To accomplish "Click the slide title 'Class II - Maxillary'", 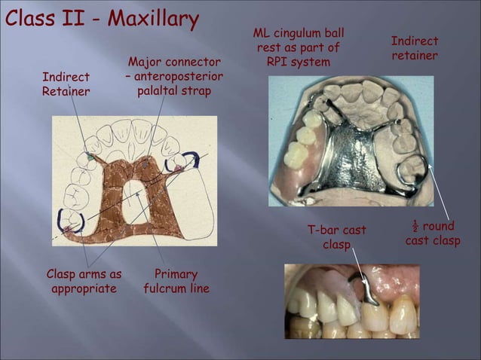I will coord(102,18).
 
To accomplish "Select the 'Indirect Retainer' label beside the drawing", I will coord(66,84).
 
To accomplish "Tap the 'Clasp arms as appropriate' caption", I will coord(83,281).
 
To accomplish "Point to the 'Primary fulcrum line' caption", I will coord(176,281).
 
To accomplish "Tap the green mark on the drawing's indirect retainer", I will coord(90,157).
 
